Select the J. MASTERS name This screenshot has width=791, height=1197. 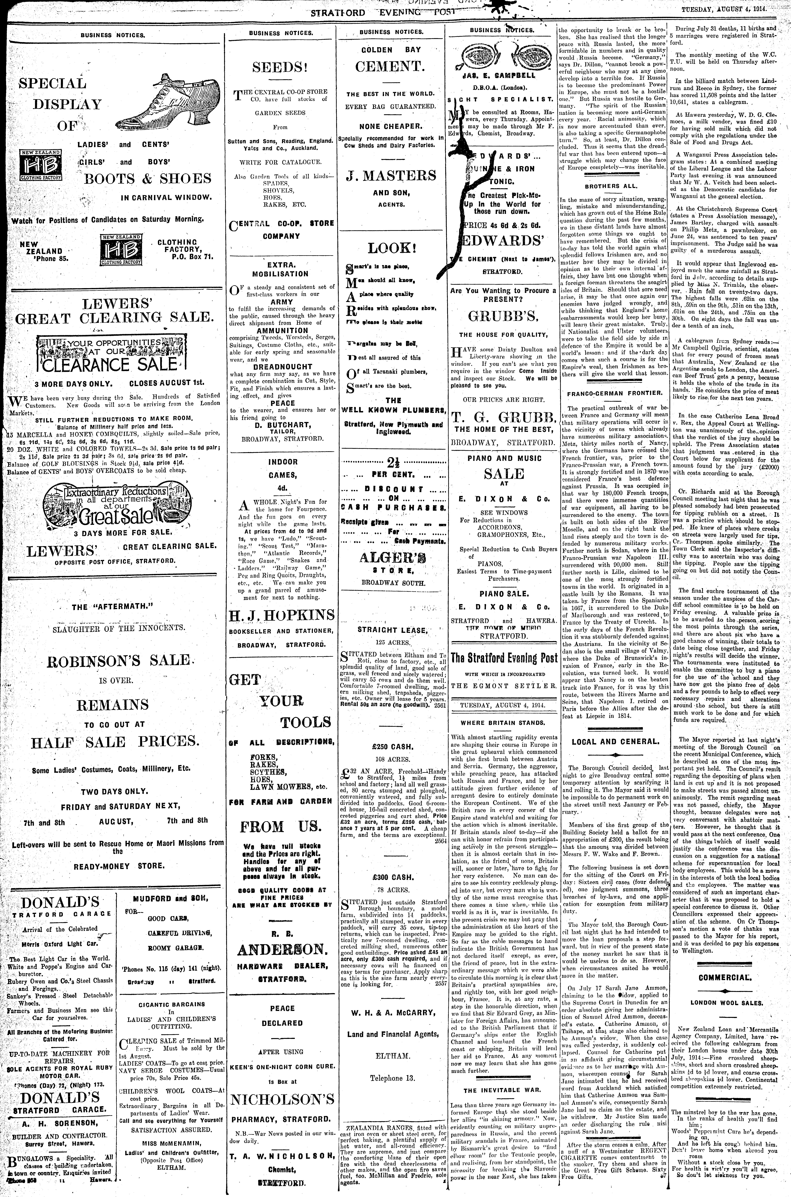[x=391, y=176]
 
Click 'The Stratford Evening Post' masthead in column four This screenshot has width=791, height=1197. [x=504, y=658]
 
